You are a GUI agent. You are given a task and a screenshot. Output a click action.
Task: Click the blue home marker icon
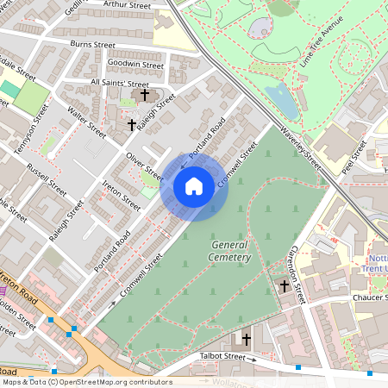(194, 186)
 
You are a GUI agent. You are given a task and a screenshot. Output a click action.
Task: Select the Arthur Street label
(127, 5)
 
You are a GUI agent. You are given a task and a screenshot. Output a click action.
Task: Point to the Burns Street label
(92, 44)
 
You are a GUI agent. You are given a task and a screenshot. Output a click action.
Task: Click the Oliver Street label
(144, 166)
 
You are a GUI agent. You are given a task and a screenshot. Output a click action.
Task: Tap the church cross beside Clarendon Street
(285, 285)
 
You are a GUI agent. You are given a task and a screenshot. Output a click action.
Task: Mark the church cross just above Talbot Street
(246, 339)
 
